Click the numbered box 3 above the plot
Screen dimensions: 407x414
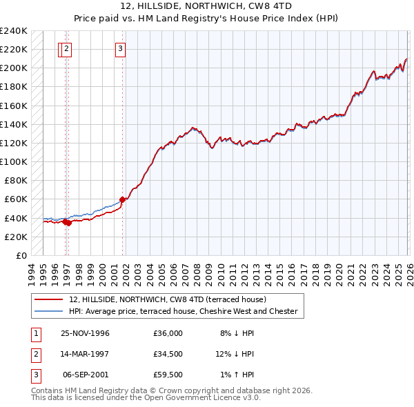[120, 48]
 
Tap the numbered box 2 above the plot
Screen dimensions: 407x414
[66, 48]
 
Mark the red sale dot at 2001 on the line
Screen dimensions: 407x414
[122, 199]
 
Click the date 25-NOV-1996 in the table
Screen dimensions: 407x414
[85, 333]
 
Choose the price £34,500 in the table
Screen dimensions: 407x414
[168, 354]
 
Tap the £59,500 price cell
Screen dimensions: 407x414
[168, 375]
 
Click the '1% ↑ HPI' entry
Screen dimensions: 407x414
[237, 375]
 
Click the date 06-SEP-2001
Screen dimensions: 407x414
[86, 375]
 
